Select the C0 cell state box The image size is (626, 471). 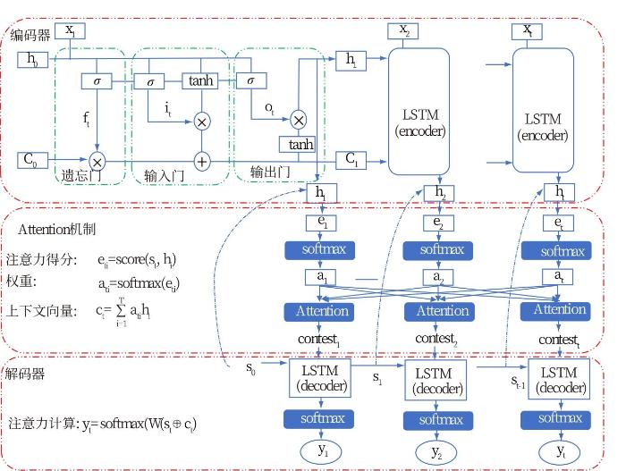pos(31,160)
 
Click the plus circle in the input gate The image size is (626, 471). pos(201,162)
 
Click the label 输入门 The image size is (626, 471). pos(164,175)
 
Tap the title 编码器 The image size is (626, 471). pos(30,35)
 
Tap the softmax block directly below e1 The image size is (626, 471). pos(321,250)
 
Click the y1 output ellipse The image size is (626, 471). pos(321,450)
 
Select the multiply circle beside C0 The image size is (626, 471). pos(97,162)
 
